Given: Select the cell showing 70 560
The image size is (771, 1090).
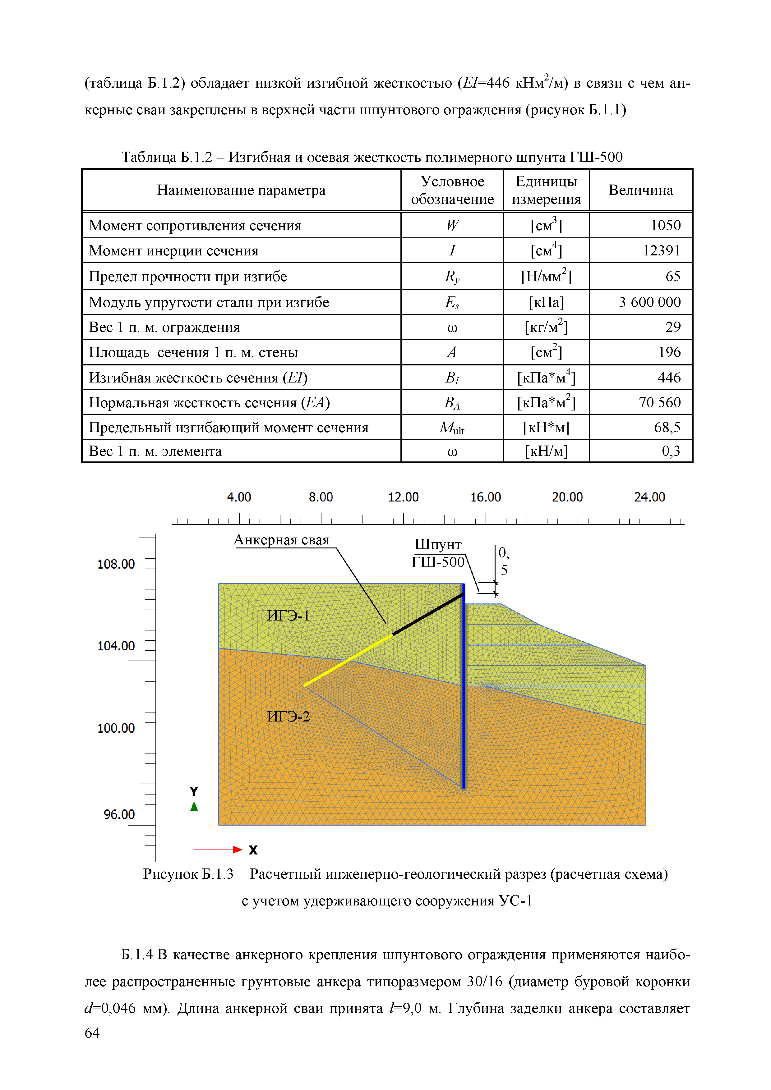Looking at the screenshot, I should point(659,403).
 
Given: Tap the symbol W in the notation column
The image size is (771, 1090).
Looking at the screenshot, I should point(452,226).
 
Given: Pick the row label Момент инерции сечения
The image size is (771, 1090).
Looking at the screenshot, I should point(173,251).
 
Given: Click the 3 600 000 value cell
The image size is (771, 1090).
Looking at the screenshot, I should point(649,302).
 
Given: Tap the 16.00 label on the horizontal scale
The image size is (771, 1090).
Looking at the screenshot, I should point(486,497).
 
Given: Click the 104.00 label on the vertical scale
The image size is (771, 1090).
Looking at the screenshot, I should point(116,646).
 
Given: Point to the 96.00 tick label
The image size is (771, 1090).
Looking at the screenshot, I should point(119,815).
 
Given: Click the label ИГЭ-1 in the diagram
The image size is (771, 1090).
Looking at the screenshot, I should point(288,616).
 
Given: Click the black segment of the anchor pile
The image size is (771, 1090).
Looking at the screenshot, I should point(427,614).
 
